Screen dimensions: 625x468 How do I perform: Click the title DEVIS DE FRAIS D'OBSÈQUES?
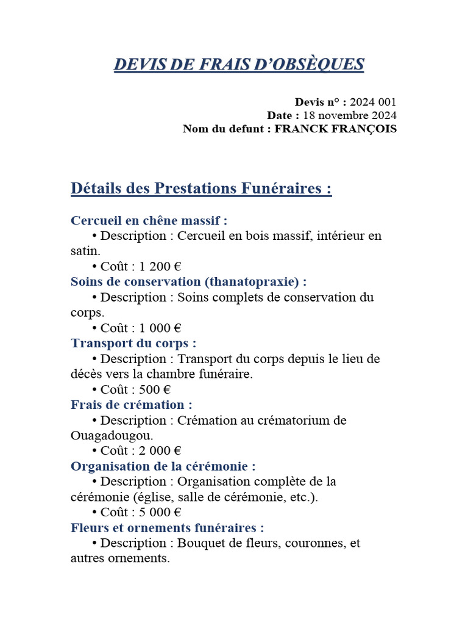click(x=239, y=64)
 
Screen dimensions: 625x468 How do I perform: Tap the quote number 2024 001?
click(x=373, y=102)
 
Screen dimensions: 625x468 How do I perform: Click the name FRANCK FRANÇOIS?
click(x=336, y=129)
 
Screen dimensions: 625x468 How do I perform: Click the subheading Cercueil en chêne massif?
click(x=149, y=220)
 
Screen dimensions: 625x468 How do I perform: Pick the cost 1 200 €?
click(x=160, y=266)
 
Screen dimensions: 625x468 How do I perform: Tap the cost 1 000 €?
click(x=160, y=328)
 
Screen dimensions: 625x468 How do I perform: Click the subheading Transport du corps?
click(x=133, y=343)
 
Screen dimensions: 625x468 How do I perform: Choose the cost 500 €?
click(x=155, y=389)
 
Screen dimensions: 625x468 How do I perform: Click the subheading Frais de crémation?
click(x=132, y=405)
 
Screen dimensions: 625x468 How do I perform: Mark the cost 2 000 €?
click(x=160, y=451)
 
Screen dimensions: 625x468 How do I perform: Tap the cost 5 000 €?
click(x=160, y=512)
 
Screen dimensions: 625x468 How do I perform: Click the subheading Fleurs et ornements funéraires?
click(x=168, y=528)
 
